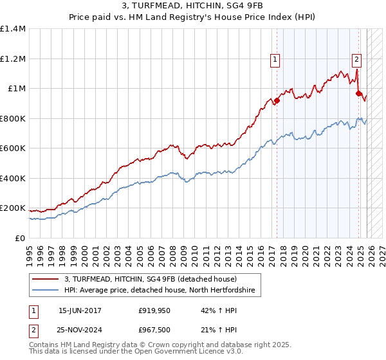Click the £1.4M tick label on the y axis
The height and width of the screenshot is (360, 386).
pyautogui.click(x=13, y=29)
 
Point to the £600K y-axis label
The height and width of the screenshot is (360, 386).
pyautogui.click(x=13, y=148)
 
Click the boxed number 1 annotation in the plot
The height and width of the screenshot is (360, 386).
pyautogui.click(x=275, y=60)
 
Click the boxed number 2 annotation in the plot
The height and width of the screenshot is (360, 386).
pyautogui.click(x=356, y=60)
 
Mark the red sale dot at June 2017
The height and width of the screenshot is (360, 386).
pyautogui.click(x=277, y=100)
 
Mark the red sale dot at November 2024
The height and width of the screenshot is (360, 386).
pyautogui.click(x=359, y=93)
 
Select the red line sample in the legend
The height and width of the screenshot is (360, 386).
pyautogui.click(x=46, y=279)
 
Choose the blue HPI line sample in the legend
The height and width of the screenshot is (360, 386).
pyautogui.click(x=46, y=291)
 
